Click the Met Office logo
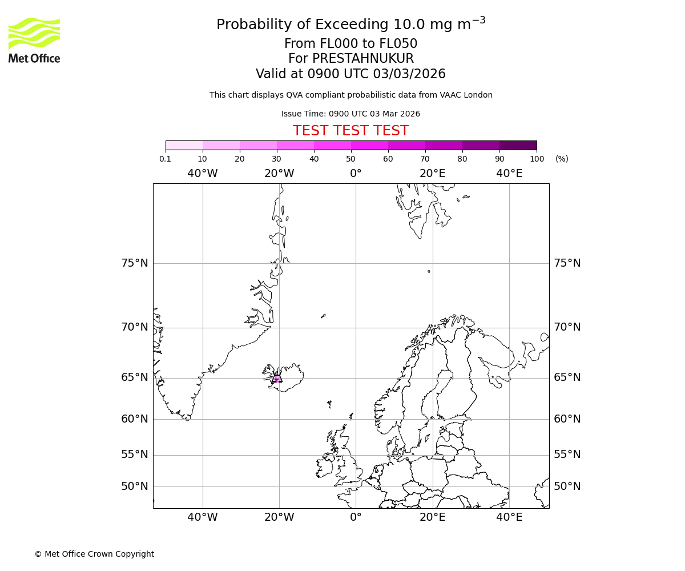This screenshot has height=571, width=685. click(34, 40)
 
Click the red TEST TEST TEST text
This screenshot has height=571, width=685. click(350, 131)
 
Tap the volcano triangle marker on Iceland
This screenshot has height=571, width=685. click(277, 377)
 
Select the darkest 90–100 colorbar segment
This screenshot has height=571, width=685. click(518, 145)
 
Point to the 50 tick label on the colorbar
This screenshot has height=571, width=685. click(350, 159)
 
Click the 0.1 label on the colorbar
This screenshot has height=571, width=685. click(165, 159)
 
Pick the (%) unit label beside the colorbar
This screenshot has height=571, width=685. click(562, 159)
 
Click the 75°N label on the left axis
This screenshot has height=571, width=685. click(135, 263)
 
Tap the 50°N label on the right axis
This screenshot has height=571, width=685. click(567, 486)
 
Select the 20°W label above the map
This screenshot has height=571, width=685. click(279, 174)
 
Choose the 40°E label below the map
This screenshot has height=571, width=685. click(509, 517)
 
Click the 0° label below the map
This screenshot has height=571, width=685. click(356, 517)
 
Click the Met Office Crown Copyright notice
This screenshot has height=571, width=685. click(94, 554)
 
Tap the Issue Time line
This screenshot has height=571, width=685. click(350, 114)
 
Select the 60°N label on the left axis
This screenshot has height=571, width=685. click(135, 419)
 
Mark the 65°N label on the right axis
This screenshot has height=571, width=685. click(567, 377)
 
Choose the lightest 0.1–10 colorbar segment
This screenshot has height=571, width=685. click(184, 145)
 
